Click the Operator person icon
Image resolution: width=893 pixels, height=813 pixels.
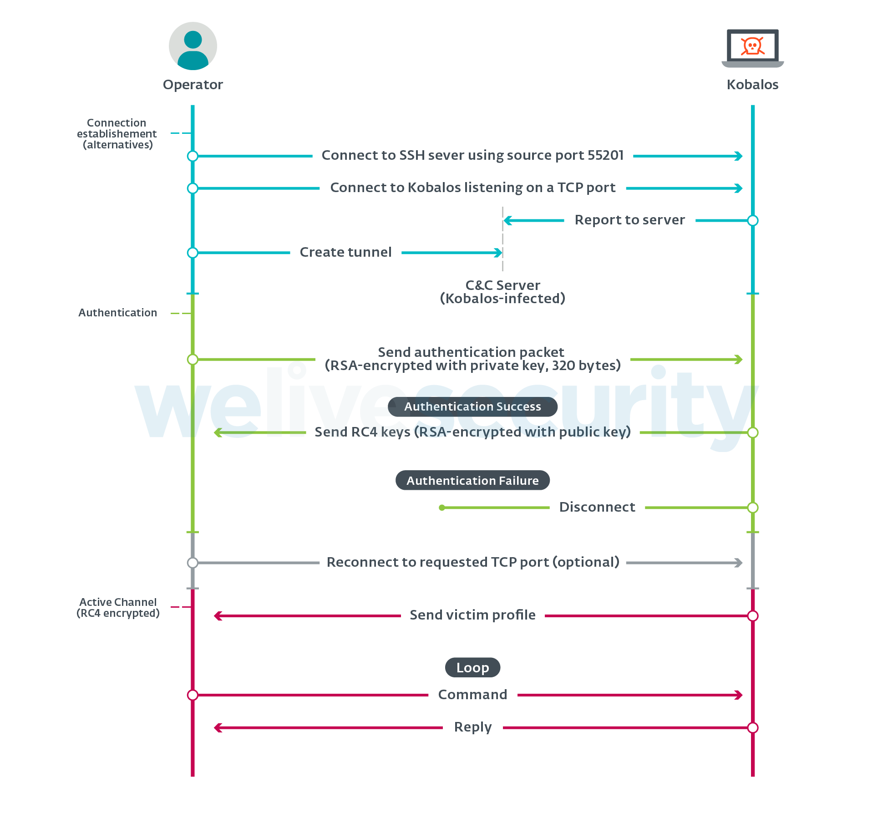click(193, 46)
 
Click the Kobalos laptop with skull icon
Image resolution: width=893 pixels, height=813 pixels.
click(753, 48)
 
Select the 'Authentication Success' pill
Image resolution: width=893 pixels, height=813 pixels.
click(472, 406)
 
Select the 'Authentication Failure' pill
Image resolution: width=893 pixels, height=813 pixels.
click(472, 480)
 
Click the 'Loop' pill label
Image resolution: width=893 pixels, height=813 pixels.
click(472, 667)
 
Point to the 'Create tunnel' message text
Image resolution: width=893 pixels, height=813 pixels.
click(345, 252)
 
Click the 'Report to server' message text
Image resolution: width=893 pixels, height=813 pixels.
click(629, 220)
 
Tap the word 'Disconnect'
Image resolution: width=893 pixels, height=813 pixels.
click(597, 507)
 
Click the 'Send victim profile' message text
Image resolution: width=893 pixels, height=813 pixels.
click(472, 615)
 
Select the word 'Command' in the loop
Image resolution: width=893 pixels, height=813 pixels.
click(472, 695)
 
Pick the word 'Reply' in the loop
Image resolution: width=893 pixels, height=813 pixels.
click(473, 727)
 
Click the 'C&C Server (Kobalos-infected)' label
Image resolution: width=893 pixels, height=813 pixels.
click(502, 292)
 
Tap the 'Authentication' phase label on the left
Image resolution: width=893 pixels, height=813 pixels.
click(117, 313)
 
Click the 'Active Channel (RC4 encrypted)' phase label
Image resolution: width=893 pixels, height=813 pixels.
click(118, 608)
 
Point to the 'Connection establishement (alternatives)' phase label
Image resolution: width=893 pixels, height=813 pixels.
click(117, 134)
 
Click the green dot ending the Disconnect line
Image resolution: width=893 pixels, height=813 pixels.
click(441, 508)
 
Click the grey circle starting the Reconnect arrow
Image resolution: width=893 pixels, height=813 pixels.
click(193, 563)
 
